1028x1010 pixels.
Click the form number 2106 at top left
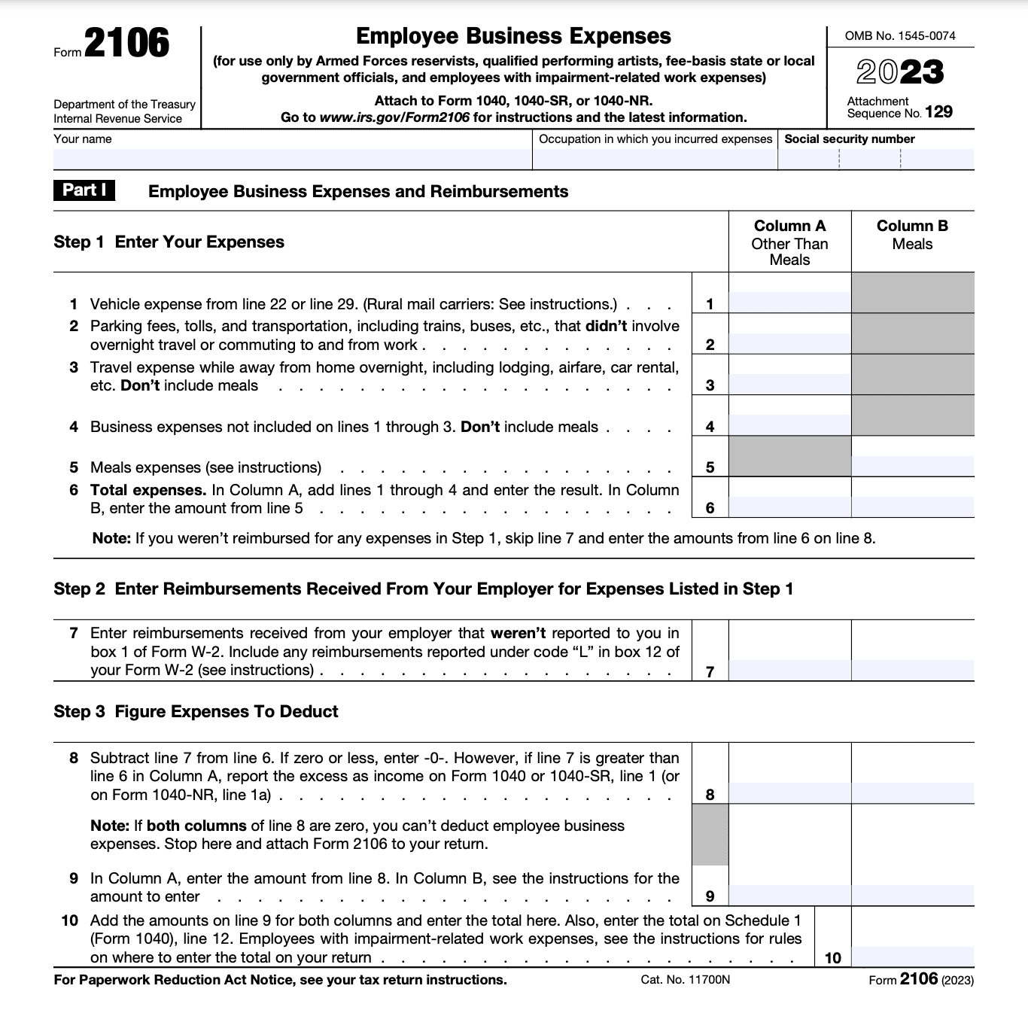126,44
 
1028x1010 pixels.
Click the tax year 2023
899,72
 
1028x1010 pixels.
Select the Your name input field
292,159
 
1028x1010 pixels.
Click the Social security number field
875,159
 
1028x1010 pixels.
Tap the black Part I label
84,190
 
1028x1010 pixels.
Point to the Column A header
789,226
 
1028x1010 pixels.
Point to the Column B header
912,226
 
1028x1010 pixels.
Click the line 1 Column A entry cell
789,302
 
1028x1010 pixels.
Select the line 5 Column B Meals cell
912,464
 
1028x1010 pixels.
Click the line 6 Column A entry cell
789,506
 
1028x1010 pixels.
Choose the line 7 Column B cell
912,669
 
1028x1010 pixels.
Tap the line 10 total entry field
912,957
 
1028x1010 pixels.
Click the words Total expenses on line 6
148,490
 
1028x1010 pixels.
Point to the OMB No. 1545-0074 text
900,35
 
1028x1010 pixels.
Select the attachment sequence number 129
938,112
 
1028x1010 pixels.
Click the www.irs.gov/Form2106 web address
394,117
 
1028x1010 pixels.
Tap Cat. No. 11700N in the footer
685,980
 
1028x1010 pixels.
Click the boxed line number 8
710,795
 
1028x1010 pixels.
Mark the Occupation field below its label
654,159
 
